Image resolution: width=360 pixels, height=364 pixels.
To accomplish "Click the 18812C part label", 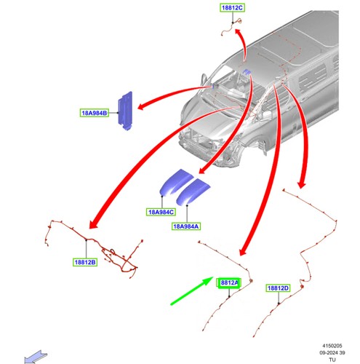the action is [x=232, y=8].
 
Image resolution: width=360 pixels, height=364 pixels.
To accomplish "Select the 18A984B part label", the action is [x=95, y=113].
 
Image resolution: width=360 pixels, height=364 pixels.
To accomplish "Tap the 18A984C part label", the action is [x=161, y=212].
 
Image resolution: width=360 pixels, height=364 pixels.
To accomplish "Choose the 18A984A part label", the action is [x=186, y=226].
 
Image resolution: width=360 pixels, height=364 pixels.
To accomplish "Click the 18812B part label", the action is [x=85, y=262].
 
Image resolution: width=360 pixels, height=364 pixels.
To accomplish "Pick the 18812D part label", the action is [x=278, y=288].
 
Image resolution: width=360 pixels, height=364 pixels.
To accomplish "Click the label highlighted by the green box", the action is [x=229, y=283].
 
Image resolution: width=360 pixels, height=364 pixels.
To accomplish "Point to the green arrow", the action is [x=192, y=290].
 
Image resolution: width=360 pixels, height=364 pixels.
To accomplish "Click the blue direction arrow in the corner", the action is [x=36, y=357].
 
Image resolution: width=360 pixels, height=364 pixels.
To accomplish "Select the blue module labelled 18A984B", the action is [x=125, y=111].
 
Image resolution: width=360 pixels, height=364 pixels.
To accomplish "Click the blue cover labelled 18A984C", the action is [x=177, y=182].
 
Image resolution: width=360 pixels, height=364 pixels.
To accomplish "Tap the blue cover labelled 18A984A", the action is [x=193, y=191].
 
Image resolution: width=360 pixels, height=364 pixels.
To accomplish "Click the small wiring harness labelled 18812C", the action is [x=231, y=27].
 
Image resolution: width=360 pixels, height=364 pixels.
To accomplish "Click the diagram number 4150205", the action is [x=332, y=346].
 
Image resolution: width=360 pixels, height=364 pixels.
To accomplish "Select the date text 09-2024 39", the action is [x=332, y=352].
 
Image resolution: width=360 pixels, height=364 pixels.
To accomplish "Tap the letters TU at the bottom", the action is [x=332, y=360].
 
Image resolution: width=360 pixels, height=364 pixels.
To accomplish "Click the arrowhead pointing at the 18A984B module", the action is [x=142, y=106].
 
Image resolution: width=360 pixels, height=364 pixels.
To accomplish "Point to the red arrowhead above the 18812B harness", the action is [x=94, y=224].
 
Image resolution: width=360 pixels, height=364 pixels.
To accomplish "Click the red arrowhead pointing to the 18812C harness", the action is [x=238, y=33].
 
